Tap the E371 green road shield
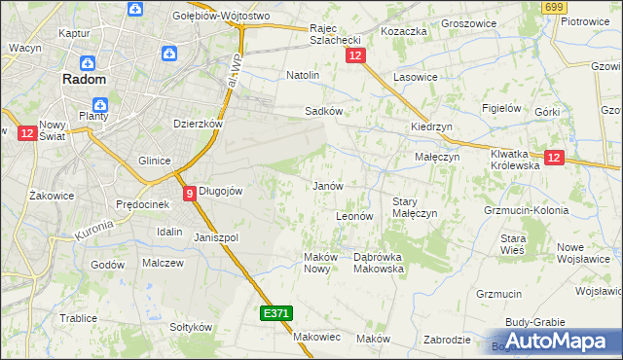[275, 313]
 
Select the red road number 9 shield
[190, 193]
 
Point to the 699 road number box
[555, 7]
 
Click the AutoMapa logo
[557, 342]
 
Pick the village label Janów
[327, 185]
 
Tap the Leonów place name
[354, 215]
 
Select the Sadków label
[324, 111]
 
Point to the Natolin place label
[303, 74]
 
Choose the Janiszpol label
[216, 237]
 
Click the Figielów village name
[503, 108]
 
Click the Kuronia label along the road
[94, 231]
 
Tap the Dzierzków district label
[199, 124]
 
